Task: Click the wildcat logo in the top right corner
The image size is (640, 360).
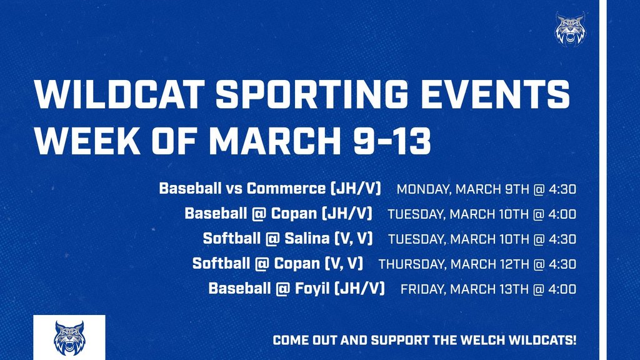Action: pos(570,29)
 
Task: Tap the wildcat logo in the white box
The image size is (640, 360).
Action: pos(69,338)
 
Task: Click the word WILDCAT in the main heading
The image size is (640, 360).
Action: pos(119,94)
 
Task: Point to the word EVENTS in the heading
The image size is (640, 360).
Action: pos(496,94)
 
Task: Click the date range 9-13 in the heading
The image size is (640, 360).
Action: pos(392,141)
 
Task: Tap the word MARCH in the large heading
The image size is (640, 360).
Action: pos(275,141)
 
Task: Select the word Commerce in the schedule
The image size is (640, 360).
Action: pos(286,188)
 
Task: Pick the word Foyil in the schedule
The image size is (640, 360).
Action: pos(312,289)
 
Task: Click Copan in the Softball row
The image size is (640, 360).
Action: pos(297,263)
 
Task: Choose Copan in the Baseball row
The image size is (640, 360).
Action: pos(294,214)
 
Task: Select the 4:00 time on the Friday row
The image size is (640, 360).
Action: pos(562,289)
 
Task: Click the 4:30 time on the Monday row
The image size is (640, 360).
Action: pos(562,189)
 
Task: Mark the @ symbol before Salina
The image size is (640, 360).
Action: pos(272,238)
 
